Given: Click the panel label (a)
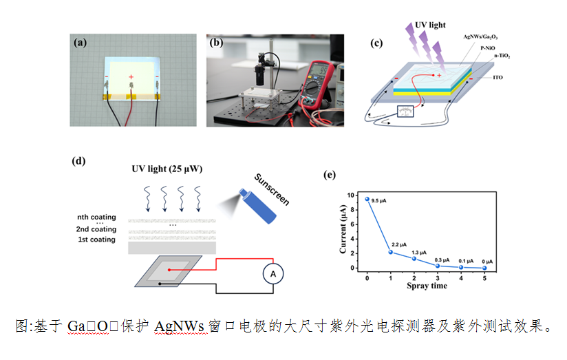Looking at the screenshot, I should tap(80, 42).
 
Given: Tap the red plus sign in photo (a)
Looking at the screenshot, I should tap(131, 76).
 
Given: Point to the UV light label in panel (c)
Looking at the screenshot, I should tap(430, 25).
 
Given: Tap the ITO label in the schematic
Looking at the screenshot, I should tap(498, 78).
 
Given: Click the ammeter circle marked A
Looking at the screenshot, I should tap(273, 274).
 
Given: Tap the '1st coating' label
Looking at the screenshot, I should tap(96, 240).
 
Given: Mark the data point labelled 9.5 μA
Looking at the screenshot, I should tap(367, 199).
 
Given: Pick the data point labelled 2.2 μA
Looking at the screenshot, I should tap(391, 252).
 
